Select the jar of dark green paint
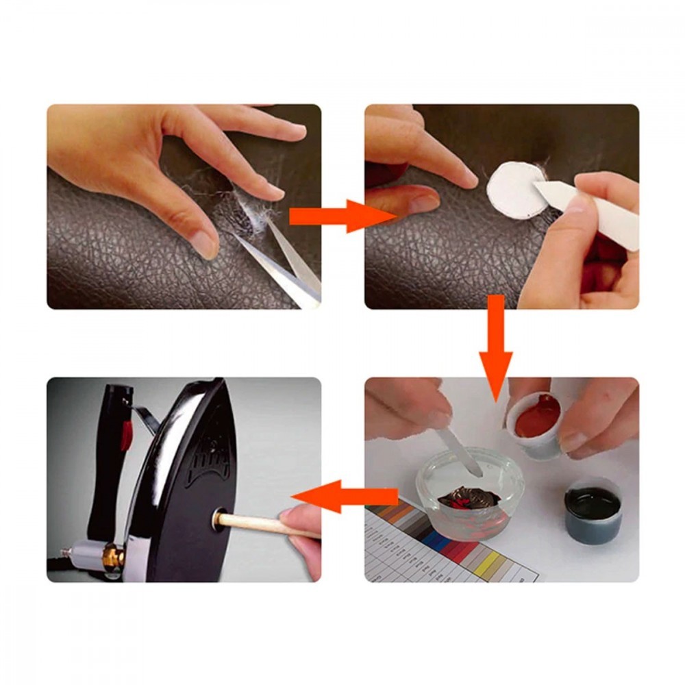click(593, 507)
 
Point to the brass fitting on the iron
click(113, 556)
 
